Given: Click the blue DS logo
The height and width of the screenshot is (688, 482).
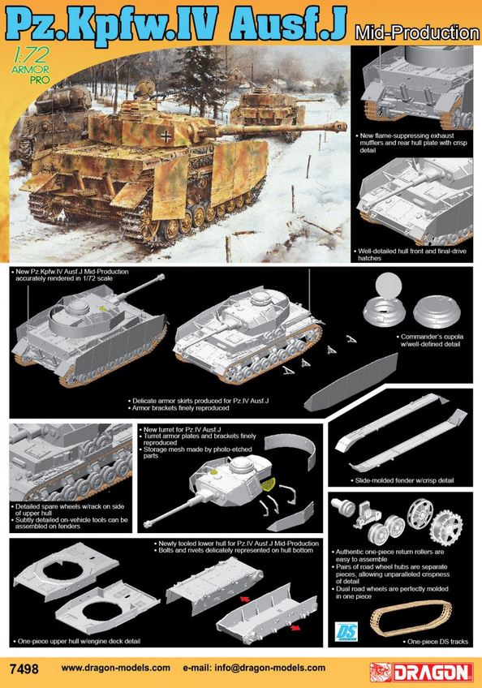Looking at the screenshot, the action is pos(346,631).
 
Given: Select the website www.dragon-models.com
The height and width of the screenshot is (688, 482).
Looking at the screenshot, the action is pos(115,669).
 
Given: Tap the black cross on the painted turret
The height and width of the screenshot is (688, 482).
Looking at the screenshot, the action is pos(166,137).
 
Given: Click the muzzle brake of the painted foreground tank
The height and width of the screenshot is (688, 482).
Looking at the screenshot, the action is pos(338,127).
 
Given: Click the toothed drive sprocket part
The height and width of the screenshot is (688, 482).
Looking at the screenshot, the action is pos(446,526).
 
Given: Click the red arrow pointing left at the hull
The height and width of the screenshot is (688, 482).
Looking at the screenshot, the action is pos(244,598).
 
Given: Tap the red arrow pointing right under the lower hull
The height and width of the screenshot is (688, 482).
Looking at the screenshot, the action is pos(295,628).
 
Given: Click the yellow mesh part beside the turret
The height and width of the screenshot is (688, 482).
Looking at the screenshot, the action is pos(267,484).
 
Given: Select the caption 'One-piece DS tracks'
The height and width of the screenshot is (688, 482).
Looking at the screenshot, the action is pos(437,642).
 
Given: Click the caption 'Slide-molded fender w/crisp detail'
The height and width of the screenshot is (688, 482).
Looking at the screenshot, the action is pos(404,480).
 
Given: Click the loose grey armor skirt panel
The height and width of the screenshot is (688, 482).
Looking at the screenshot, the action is pos(351,383).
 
